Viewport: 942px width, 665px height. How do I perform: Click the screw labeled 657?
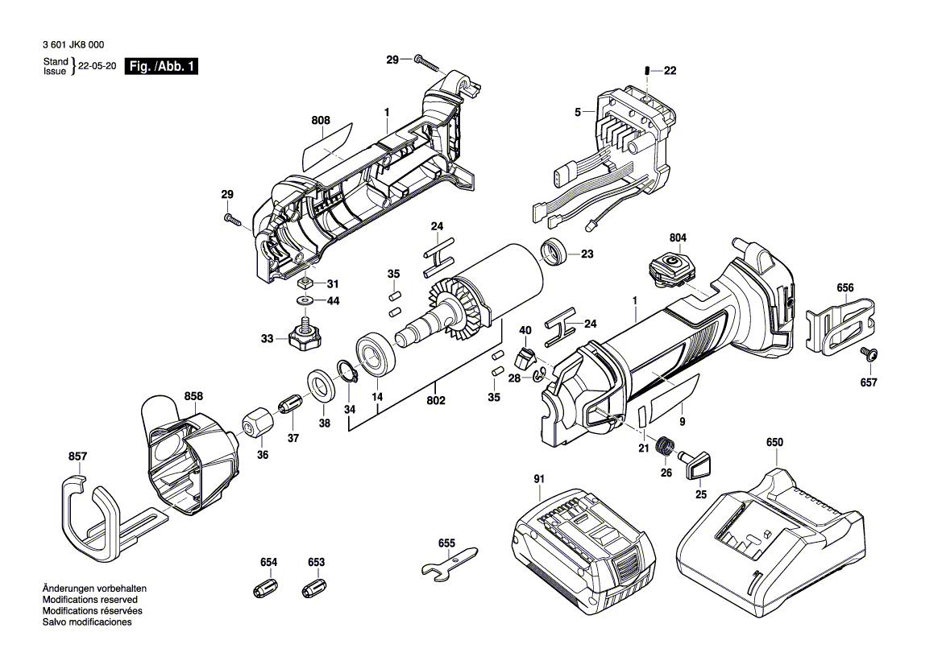(x=868, y=355)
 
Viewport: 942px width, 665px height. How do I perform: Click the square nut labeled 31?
(x=305, y=283)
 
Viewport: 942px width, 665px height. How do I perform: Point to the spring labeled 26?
(x=666, y=444)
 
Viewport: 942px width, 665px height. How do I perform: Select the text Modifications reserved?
(x=89, y=600)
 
